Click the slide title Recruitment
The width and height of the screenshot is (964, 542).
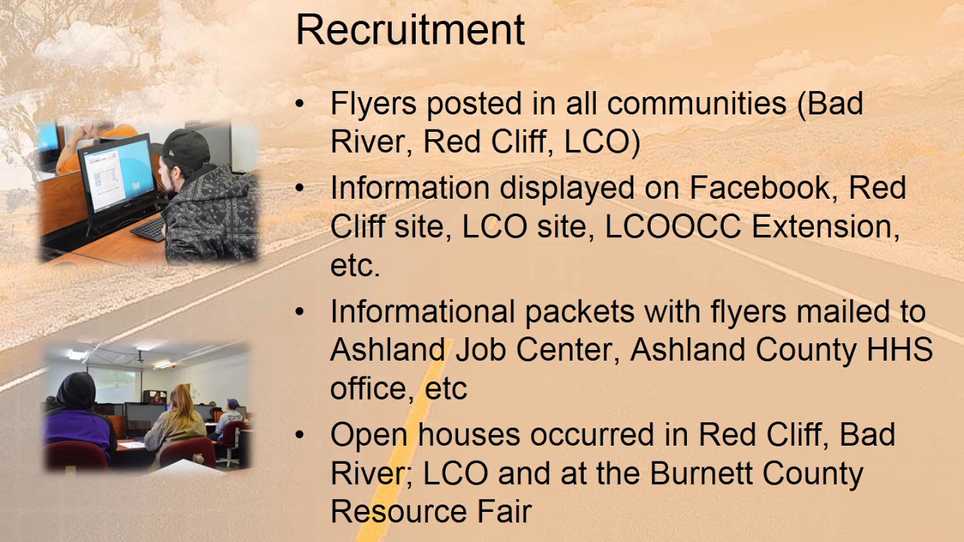click(410, 30)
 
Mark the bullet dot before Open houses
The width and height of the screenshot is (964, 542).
click(301, 435)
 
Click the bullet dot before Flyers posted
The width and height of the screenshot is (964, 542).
click(301, 104)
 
